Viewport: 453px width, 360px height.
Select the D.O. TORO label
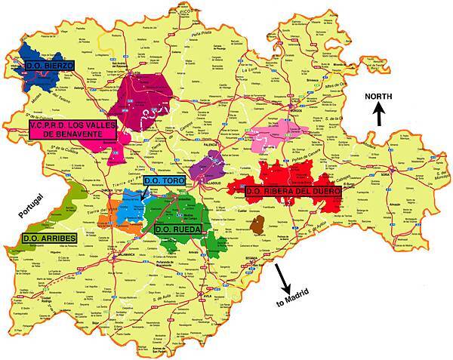coord(164,181)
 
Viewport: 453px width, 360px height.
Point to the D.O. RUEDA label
coord(177,227)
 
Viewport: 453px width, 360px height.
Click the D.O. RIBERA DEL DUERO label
coord(293,192)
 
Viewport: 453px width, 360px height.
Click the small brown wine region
coord(257,224)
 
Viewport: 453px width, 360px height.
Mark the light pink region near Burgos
coord(287,131)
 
